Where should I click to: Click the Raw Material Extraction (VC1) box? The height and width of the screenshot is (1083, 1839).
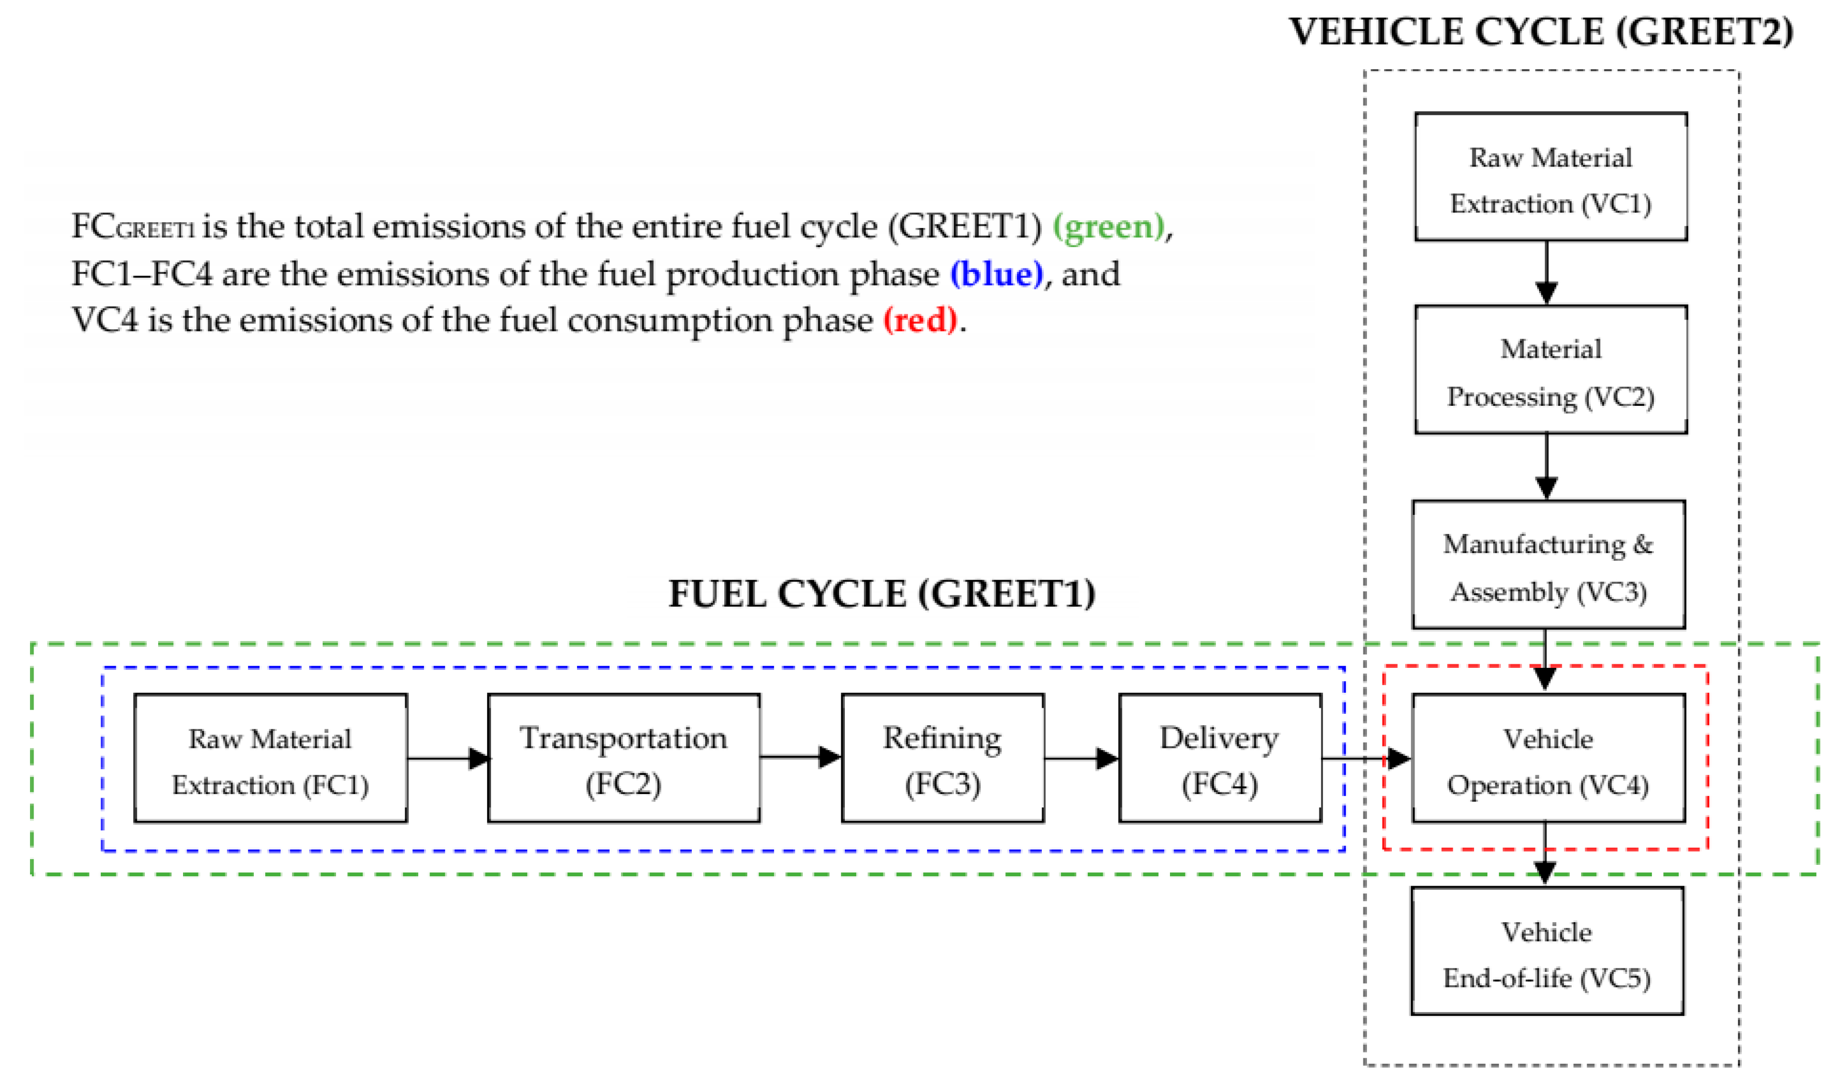tap(1550, 177)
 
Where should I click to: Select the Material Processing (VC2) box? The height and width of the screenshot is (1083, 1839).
tap(1550, 370)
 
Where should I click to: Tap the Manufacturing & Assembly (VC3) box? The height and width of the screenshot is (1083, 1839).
tap(1548, 564)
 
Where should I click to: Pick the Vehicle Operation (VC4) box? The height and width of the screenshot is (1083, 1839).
tap(1548, 758)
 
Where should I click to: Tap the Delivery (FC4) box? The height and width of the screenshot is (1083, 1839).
tap(1220, 758)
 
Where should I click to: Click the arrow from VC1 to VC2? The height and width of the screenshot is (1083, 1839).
tap(1546, 273)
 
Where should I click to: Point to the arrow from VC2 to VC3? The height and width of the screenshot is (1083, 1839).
tap(1546, 467)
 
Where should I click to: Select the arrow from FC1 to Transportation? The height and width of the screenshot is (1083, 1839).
tap(447, 758)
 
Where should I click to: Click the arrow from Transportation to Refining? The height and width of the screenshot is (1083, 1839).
tap(800, 757)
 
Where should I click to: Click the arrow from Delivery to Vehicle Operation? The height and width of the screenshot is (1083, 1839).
tap(1366, 758)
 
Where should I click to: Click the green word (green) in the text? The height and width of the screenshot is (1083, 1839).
tap(1108, 227)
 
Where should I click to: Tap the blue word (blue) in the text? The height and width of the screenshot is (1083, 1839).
tap(996, 274)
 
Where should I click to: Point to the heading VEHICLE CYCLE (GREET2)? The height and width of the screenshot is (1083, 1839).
tap(1541, 32)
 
